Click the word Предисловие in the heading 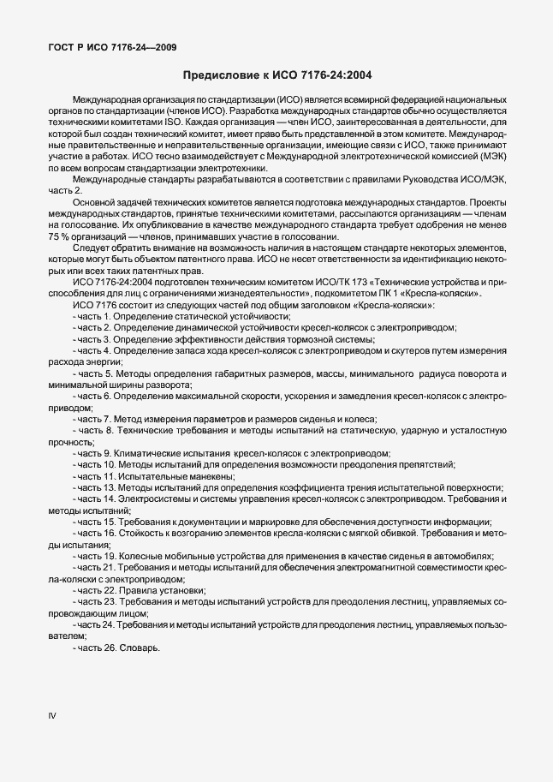[x=221, y=75]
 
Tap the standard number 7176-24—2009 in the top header [x=140, y=47]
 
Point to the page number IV [x=51, y=715]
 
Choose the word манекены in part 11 [x=206, y=475]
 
